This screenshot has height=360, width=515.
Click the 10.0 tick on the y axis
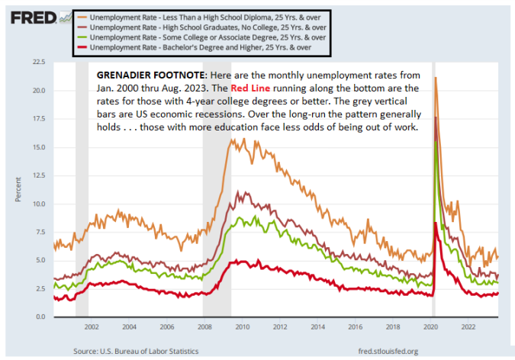coord(38,204)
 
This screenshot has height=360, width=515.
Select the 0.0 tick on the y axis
coord(40,317)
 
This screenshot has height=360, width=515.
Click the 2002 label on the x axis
coord(91,326)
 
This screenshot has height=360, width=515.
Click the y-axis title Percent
coord(18,189)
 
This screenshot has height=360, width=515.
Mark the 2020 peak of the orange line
coord(435,78)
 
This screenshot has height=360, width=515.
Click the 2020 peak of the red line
coord(435,223)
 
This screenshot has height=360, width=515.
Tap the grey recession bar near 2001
coord(82,191)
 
